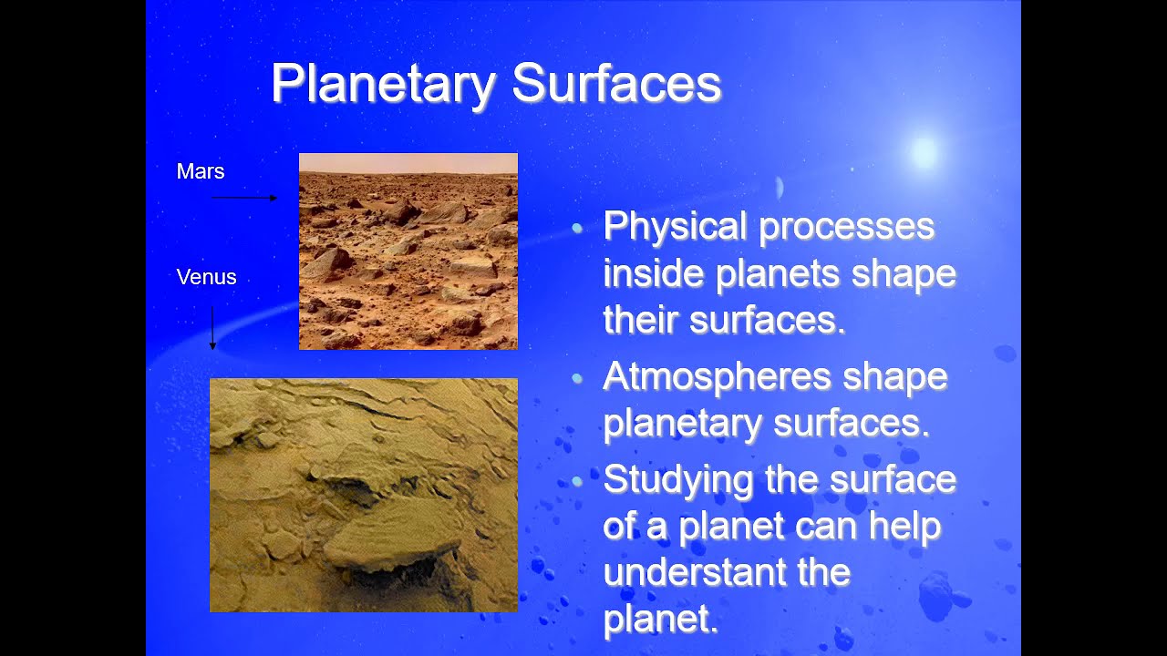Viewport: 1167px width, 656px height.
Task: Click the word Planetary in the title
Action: point(383,84)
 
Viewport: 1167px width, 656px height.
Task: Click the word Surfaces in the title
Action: point(616,84)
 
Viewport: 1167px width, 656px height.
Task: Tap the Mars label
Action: point(201,171)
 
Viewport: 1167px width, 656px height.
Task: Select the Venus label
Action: point(206,277)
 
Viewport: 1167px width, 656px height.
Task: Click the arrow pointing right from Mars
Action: point(244,197)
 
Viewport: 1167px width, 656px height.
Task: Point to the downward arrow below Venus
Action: point(212,328)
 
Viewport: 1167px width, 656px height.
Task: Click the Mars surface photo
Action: point(408,264)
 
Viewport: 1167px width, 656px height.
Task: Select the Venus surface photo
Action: point(363,495)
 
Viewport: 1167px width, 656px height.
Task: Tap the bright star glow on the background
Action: point(924,152)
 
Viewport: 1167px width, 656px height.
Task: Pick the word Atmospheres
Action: point(716,376)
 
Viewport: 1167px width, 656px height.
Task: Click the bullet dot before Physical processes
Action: point(577,229)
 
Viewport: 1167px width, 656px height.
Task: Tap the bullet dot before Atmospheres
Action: point(577,378)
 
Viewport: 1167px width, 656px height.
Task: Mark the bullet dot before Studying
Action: point(577,480)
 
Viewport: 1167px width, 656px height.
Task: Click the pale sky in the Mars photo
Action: point(408,162)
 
